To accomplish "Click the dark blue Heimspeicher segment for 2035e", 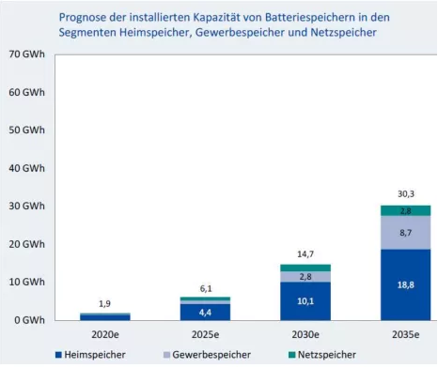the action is pyautogui.click(x=406, y=284).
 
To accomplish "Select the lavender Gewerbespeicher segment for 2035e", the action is pyautogui.click(x=406, y=233).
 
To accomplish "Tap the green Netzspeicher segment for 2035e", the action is pyautogui.click(x=406, y=210).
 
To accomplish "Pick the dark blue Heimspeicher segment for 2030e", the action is pyautogui.click(x=305, y=301).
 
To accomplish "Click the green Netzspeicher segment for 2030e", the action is pyautogui.click(x=305, y=268).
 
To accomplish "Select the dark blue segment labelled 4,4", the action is pyautogui.click(x=205, y=312).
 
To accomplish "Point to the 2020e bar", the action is pyautogui.click(x=105, y=316).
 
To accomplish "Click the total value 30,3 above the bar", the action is pyautogui.click(x=406, y=194).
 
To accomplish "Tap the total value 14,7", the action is pyautogui.click(x=305, y=254).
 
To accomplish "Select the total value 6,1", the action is pyautogui.click(x=206, y=288).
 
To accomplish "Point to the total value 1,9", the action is pyautogui.click(x=105, y=303).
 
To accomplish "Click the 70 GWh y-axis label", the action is pyautogui.click(x=27, y=54).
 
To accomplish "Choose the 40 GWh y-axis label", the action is pyautogui.click(x=27, y=168).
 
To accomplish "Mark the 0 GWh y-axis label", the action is pyautogui.click(x=30, y=320).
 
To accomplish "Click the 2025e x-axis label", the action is pyautogui.click(x=205, y=335).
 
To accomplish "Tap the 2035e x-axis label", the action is pyautogui.click(x=406, y=335).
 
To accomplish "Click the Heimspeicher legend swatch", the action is pyautogui.click(x=58, y=355).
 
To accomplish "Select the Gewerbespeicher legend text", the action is pyautogui.click(x=211, y=355).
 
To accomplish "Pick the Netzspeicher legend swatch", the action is pyautogui.click(x=292, y=355).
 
